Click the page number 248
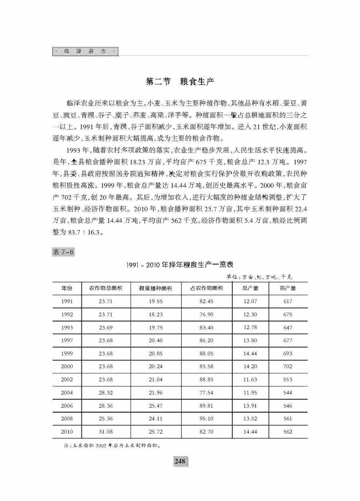180,461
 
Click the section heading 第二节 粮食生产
180,82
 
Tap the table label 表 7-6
63,252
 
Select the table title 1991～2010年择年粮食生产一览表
180,264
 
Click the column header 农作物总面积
105,288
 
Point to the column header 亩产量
288,288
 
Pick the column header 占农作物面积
206,288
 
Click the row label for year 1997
67,340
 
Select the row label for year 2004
67,393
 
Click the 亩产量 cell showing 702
288,366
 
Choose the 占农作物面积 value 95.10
206,418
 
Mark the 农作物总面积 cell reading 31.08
105,432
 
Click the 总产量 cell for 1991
250,302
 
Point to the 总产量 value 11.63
250,379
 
